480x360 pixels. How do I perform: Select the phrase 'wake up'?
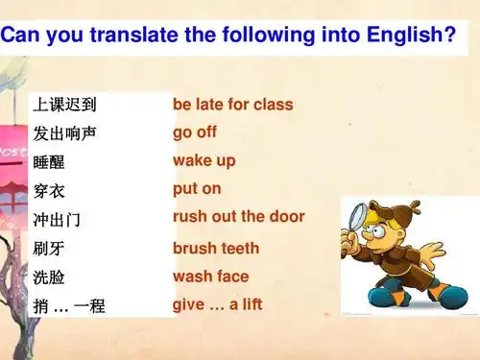tap(204, 160)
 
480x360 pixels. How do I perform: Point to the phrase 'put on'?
tap(197, 188)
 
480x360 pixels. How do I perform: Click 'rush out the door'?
tap(238, 216)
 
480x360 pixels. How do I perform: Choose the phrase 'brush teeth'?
tap(216, 248)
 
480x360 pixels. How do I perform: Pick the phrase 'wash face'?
tap(210, 276)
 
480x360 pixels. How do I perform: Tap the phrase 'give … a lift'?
tap(217, 305)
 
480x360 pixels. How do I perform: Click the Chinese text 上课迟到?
tap(64, 104)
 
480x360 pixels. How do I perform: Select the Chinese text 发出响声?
tap(64, 132)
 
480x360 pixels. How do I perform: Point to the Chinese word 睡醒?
tap(49, 161)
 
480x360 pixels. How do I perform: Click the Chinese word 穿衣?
tap(49, 190)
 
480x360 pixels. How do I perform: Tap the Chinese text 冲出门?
tap(57, 220)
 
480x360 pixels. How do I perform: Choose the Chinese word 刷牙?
tap(49, 249)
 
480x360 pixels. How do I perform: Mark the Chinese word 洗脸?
tap(49, 277)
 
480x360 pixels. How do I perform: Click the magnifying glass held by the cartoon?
tap(354, 214)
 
